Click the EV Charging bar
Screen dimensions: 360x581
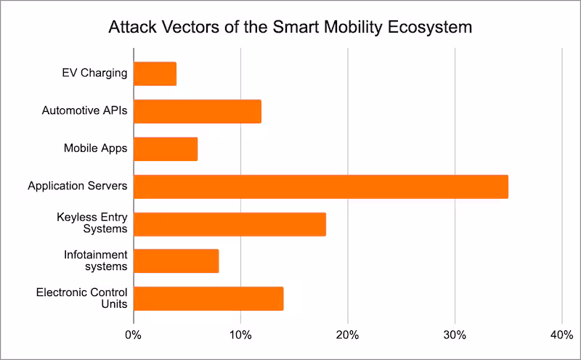pyautogui.click(x=155, y=74)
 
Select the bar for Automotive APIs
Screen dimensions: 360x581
pyautogui.click(x=197, y=112)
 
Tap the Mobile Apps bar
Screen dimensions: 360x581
pyautogui.click(x=166, y=149)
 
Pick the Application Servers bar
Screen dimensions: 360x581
pyautogui.click(x=320, y=187)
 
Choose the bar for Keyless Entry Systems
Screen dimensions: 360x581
pyautogui.click(x=229, y=224)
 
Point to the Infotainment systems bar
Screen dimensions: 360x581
pyautogui.click(x=176, y=261)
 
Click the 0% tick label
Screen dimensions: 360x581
pyautogui.click(x=133, y=335)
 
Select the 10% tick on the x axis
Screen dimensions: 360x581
pyautogui.click(x=240, y=335)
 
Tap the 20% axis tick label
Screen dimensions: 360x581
pyautogui.click(x=348, y=335)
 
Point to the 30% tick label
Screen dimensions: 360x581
pyautogui.click(x=455, y=335)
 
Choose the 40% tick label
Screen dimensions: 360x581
pyautogui.click(x=561, y=335)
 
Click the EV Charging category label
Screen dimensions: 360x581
pyautogui.click(x=94, y=73)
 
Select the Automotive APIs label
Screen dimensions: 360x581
pyautogui.click(x=84, y=111)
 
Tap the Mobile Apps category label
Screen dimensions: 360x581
pyautogui.click(x=95, y=149)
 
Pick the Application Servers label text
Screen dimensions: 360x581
pyautogui.click(x=78, y=187)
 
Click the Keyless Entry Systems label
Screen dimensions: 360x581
pyautogui.click(x=92, y=224)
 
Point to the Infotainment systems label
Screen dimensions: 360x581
pyautogui.click(x=95, y=261)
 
